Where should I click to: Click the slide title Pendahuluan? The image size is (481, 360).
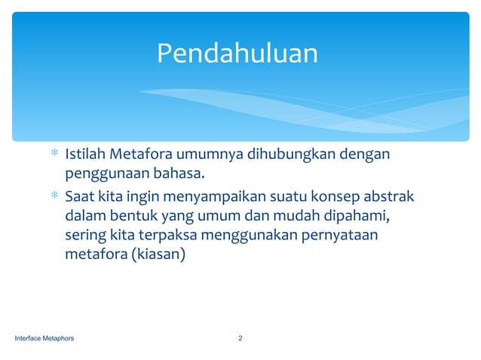coord(237,53)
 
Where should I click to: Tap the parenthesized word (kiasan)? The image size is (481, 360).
coord(158,255)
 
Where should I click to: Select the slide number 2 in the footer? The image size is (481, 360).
coord(240,338)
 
